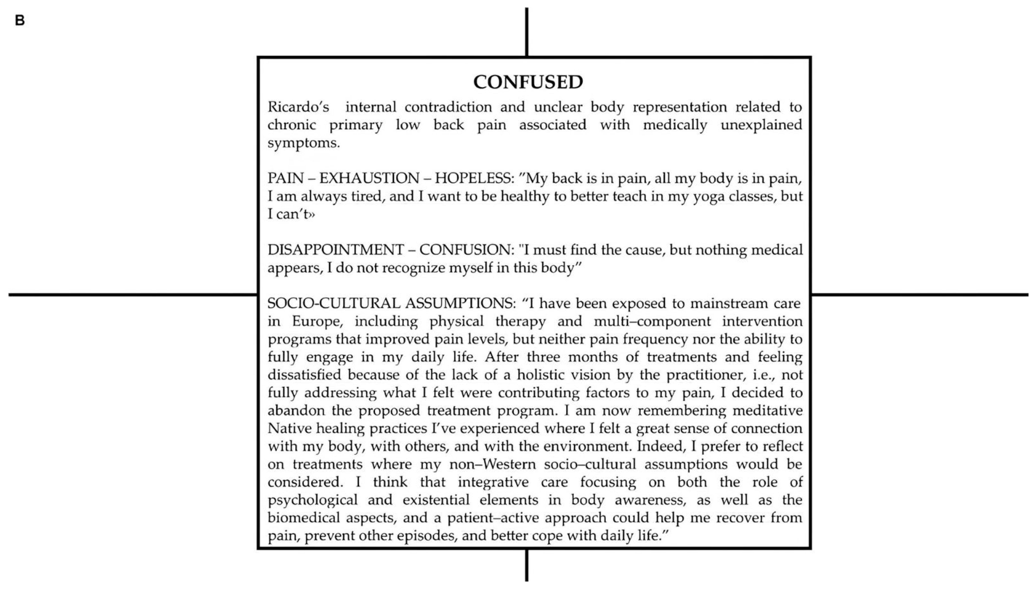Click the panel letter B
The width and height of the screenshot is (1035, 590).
[x=19, y=20]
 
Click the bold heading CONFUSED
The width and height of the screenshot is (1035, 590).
[x=528, y=82]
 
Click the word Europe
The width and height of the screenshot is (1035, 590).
[x=317, y=322]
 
